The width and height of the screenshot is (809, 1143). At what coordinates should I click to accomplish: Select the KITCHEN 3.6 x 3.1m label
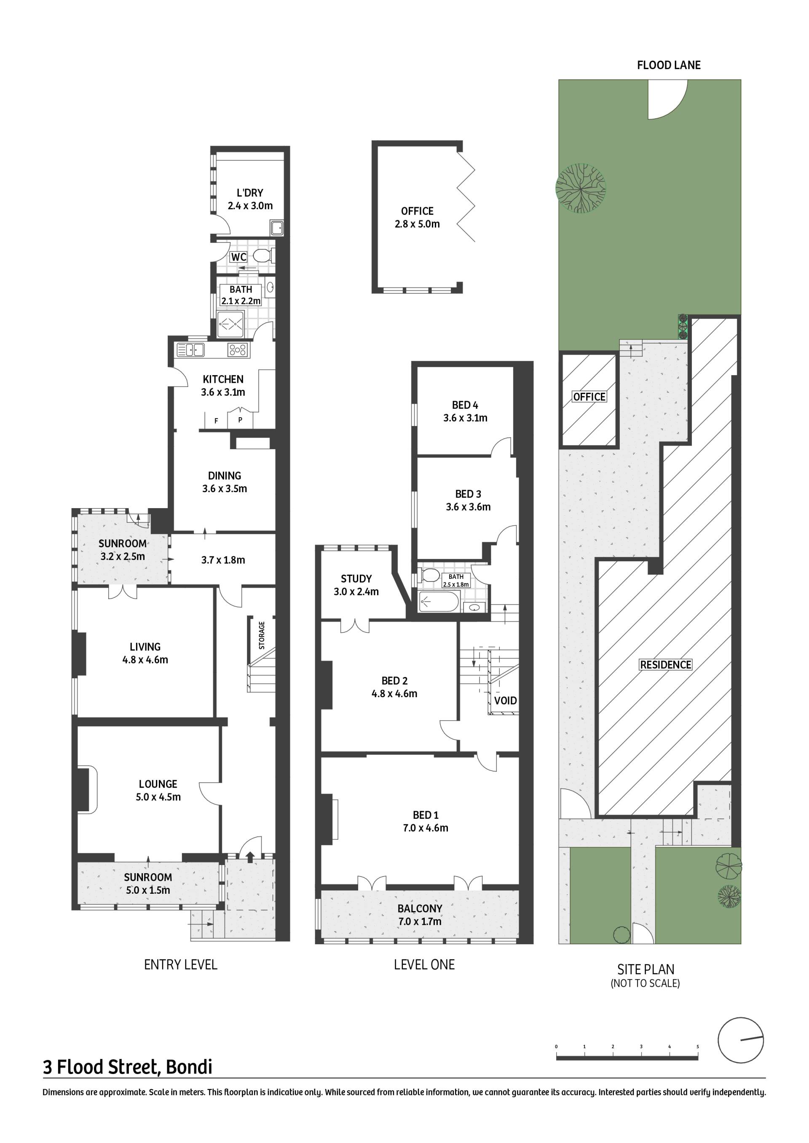click(223, 386)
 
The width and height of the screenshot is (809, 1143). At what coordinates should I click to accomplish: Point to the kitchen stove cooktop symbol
click(238, 350)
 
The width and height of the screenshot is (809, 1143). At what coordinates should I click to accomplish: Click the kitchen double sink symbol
click(190, 350)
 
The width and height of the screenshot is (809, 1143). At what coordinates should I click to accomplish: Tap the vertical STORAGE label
click(262, 635)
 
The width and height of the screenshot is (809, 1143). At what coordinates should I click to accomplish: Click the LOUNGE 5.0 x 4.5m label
click(158, 791)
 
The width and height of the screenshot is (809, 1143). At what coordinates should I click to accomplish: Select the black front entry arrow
click(250, 856)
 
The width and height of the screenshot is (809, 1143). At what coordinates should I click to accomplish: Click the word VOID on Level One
click(506, 701)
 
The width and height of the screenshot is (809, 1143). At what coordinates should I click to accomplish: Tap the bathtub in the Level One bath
click(438, 602)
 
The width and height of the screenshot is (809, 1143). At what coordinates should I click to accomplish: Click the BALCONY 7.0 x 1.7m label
click(420, 915)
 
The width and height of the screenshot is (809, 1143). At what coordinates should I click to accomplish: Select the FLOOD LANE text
click(669, 65)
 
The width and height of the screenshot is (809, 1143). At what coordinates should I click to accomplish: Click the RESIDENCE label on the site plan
click(666, 665)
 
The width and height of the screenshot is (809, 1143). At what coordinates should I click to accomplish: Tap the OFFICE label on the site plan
click(589, 397)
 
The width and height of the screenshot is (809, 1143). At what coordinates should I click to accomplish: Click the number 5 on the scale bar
click(697, 1047)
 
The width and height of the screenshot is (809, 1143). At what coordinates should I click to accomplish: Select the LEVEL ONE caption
click(424, 965)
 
